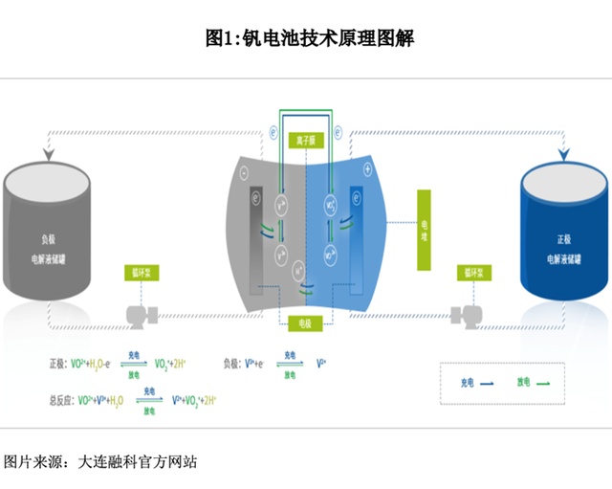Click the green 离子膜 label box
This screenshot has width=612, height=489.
pyautogui.click(x=304, y=139)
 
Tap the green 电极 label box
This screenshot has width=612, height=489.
pyautogui.click(x=304, y=322)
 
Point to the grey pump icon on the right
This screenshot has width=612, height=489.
pyautogui.click(x=469, y=313)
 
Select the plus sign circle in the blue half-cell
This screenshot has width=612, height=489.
pyautogui.click(x=368, y=169)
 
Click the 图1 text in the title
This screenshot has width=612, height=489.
pyautogui.click(x=221, y=39)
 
